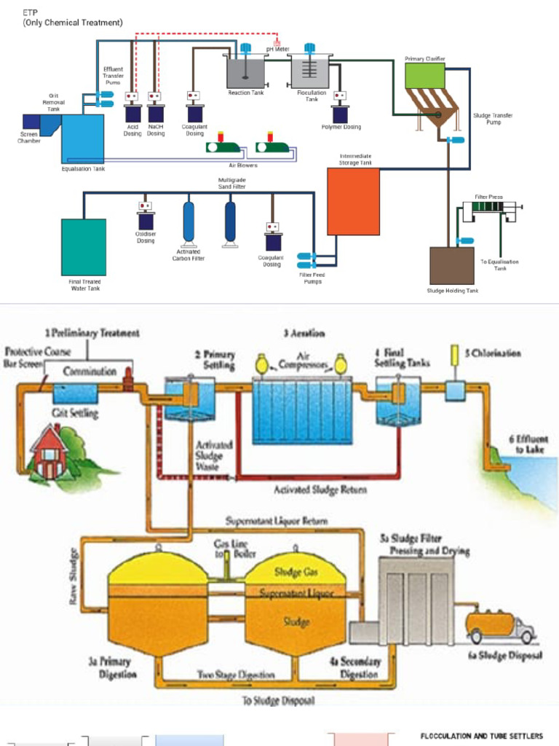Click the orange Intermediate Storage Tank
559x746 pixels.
point(353,201)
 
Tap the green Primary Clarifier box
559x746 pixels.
point(424,76)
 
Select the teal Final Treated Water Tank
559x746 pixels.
point(83,247)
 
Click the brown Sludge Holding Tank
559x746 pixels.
point(451,265)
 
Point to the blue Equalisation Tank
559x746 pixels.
point(82,138)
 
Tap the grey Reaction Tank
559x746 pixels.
point(245,72)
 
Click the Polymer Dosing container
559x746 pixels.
point(340,114)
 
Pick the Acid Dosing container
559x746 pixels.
point(132,113)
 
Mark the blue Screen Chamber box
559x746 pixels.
point(31,122)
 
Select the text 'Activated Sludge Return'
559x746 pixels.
point(320,490)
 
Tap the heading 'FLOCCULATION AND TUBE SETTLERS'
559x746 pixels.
point(481,737)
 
